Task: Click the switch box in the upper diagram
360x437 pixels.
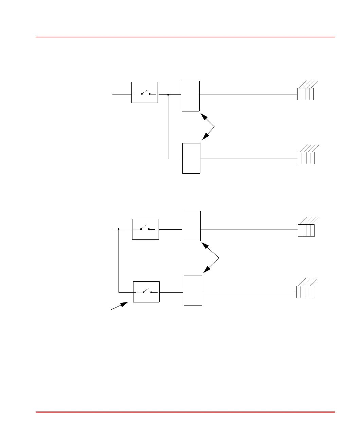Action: (145, 92)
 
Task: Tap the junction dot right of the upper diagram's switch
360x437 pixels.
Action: (168, 95)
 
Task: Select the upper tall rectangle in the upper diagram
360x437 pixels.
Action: (191, 96)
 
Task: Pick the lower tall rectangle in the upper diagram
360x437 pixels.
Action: (191, 158)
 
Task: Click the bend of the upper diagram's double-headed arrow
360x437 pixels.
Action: (215, 127)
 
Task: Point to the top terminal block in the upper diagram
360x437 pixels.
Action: (305, 94)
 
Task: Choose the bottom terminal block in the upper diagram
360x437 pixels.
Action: (306, 158)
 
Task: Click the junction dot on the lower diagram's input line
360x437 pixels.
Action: (119, 229)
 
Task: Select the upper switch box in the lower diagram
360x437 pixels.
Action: (145, 229)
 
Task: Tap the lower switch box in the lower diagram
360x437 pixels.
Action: (146, 292)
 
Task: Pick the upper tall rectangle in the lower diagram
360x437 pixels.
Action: (192, 226)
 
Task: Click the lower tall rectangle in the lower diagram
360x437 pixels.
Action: (193, 291)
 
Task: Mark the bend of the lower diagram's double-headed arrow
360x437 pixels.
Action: (219, 258)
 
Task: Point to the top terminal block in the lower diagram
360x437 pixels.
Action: (306, 230)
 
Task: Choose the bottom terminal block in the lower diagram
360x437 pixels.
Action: (305, 292)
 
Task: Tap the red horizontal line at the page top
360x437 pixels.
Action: (185, 37)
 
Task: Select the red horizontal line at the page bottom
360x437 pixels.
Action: (185, 412)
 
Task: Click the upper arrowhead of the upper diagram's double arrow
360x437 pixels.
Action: (204, 116)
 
